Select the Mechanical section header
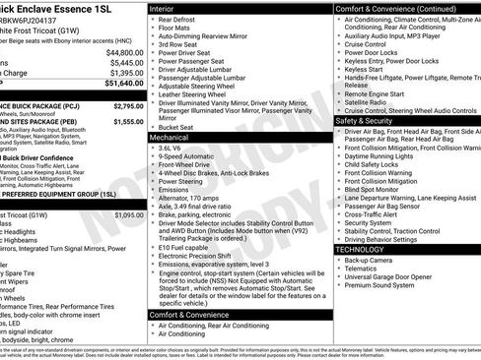click(x=172, y=139)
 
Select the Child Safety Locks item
click(x=375, y=164)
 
